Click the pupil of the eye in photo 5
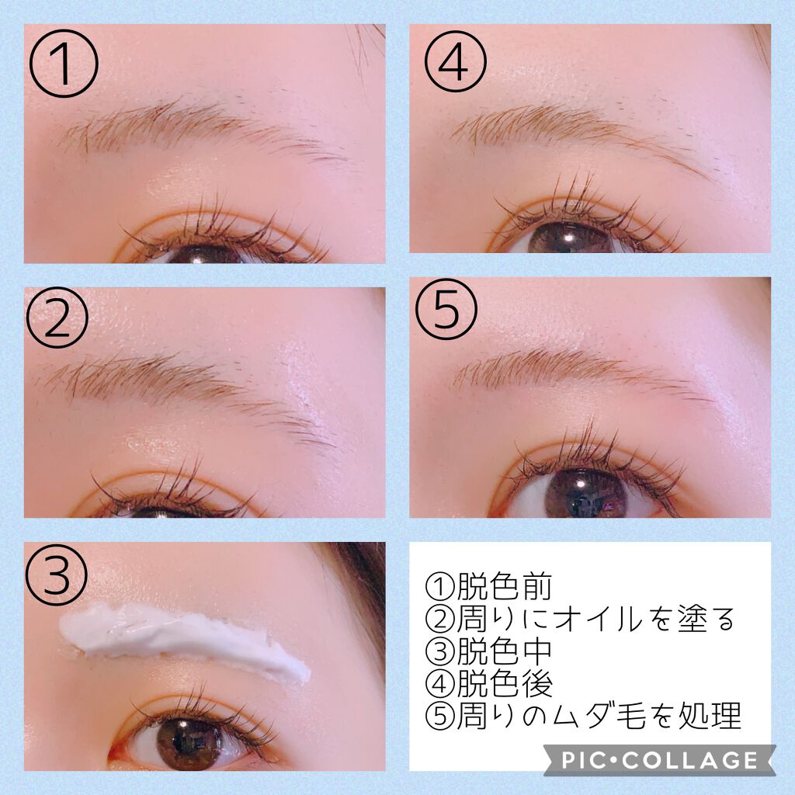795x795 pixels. pos(585,491)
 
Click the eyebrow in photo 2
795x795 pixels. pos(179,380)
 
